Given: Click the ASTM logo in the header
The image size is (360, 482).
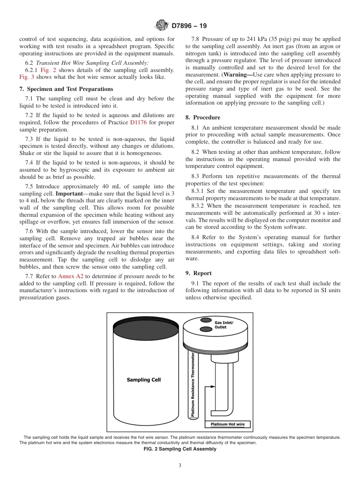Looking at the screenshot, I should tap(162, 26).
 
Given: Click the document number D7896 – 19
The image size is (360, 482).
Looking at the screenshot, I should tap(189, 26).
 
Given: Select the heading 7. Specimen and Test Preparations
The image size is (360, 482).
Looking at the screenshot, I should tap(66, 89).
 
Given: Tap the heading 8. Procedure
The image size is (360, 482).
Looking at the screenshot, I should tap(203, 117).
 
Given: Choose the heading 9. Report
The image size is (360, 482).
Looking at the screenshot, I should tap(199, 273).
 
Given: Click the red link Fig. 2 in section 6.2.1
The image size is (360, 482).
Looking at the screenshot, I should tap(48, 70).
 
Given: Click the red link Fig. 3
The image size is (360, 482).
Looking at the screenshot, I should tap(27, 77).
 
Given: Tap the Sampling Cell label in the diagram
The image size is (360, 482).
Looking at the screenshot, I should tap(144, 380).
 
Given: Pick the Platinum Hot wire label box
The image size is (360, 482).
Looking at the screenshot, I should tap(227, 424).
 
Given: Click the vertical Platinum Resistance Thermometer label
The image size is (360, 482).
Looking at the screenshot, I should tap(193, 385).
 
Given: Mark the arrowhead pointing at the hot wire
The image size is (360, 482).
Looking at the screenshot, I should tap(213, 387).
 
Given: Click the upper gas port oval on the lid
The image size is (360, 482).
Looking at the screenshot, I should tap(206, 320).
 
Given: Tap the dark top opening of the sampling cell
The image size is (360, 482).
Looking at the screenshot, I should tap(146, 330).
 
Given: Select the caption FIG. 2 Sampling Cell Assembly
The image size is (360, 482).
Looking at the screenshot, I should tap(180, 449).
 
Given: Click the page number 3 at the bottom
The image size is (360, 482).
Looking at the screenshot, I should tap(180, 466).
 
